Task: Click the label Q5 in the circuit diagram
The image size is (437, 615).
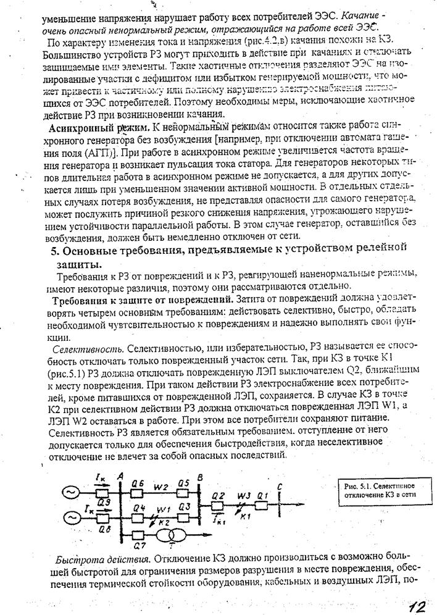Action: coord(183,483)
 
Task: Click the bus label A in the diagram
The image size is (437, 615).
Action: coord(120,475)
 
